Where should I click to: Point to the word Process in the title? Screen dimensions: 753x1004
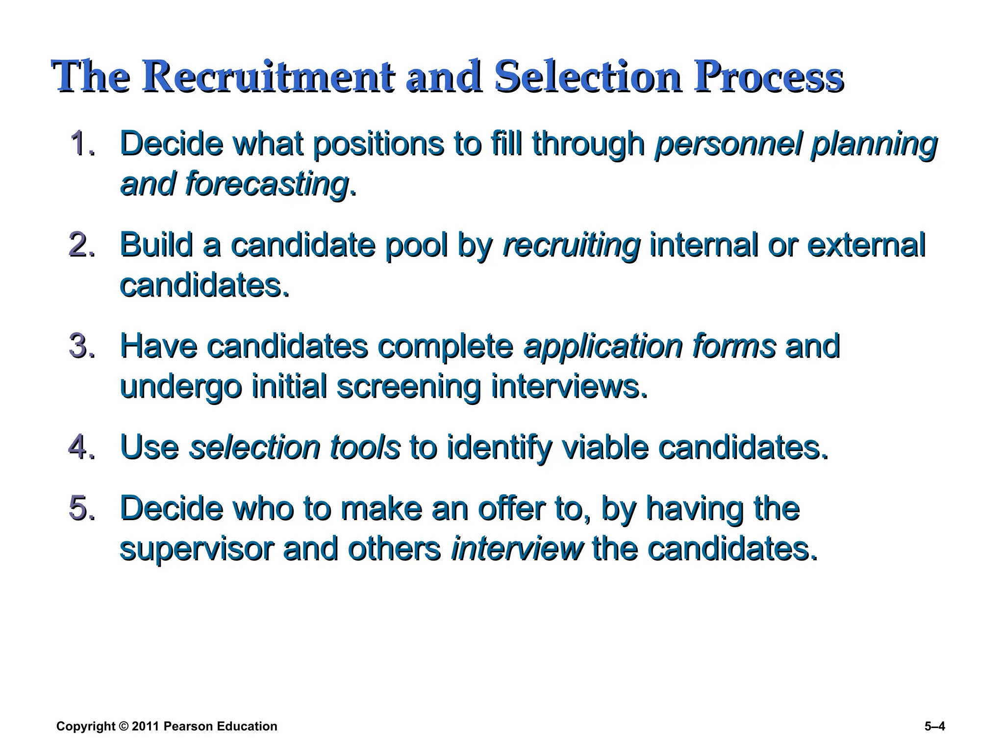[x=768, y=77]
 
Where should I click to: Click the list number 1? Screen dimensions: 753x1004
[x=81, y=144]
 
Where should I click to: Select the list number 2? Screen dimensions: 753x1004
[x=81, y=245]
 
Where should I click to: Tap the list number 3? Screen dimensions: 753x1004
[x=81, y=346]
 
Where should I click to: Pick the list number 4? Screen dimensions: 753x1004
[x=81, y=447]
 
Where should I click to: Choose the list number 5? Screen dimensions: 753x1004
[x=81, y=507]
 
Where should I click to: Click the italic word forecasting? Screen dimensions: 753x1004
[x=267, y=185]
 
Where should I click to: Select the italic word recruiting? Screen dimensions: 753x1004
[x=572, y=246]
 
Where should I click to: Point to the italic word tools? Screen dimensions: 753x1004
[x=365, y=447]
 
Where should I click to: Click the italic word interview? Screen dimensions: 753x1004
[x=517, y=548]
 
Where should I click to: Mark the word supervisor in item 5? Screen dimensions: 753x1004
[x=197, y=549]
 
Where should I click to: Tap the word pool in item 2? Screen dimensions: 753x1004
[x=417, y=246]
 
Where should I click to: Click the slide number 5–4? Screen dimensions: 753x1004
[x=934, y=727]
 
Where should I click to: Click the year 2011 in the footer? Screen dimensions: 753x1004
[x=146, y=727]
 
